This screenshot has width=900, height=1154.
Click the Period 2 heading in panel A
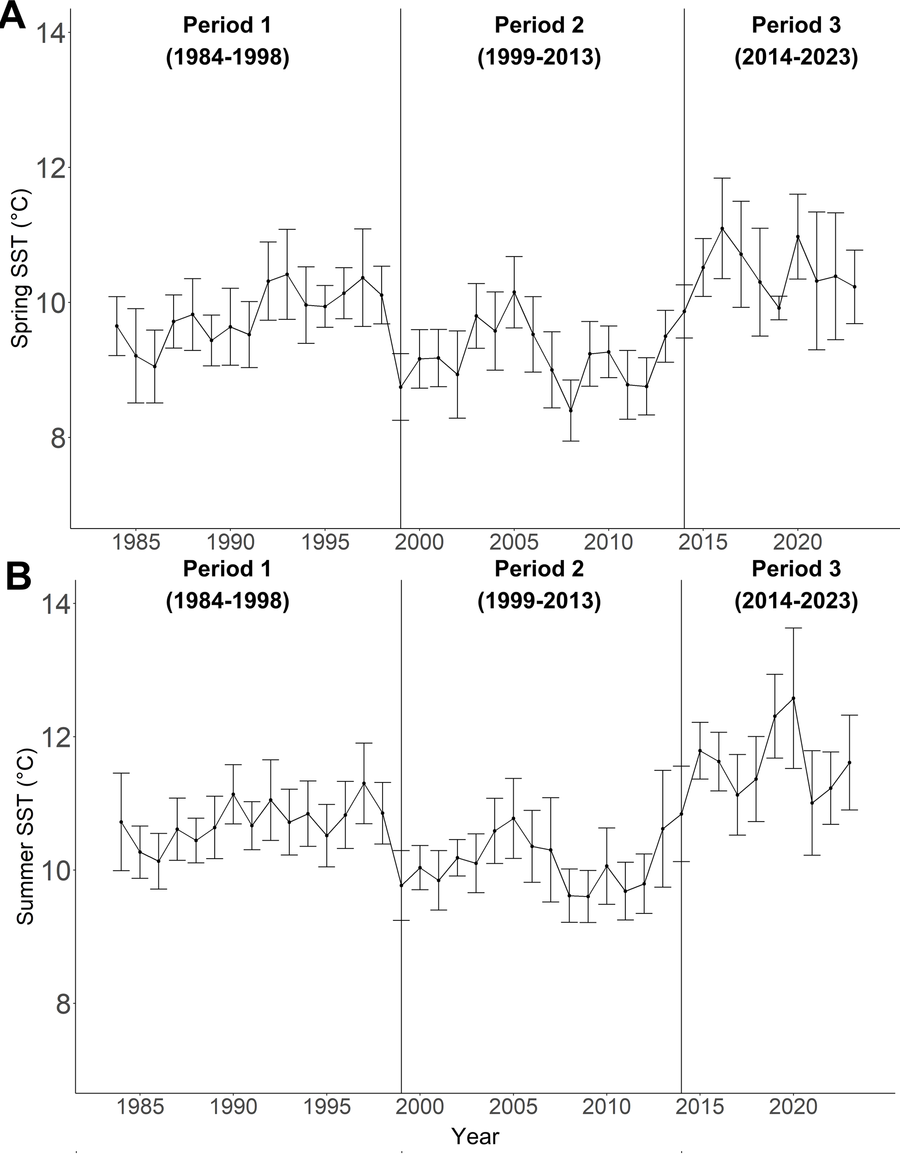(539, 25)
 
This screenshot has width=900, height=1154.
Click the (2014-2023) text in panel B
(796, 602)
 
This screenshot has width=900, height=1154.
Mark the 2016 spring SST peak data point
(722, 228)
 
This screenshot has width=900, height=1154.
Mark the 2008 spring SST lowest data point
(570, 410)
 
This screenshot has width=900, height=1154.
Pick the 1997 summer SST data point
(364, 783)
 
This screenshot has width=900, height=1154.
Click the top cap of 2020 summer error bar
(793, 628)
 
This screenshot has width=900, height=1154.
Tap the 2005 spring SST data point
(514, 292)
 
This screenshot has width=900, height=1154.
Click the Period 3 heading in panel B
(796, 569)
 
